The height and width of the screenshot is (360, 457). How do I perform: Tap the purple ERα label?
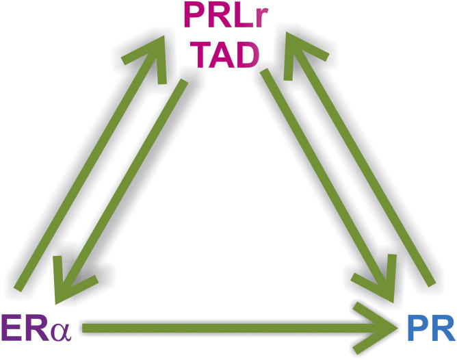40,330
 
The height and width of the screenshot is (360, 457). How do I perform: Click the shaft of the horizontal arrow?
226,330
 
